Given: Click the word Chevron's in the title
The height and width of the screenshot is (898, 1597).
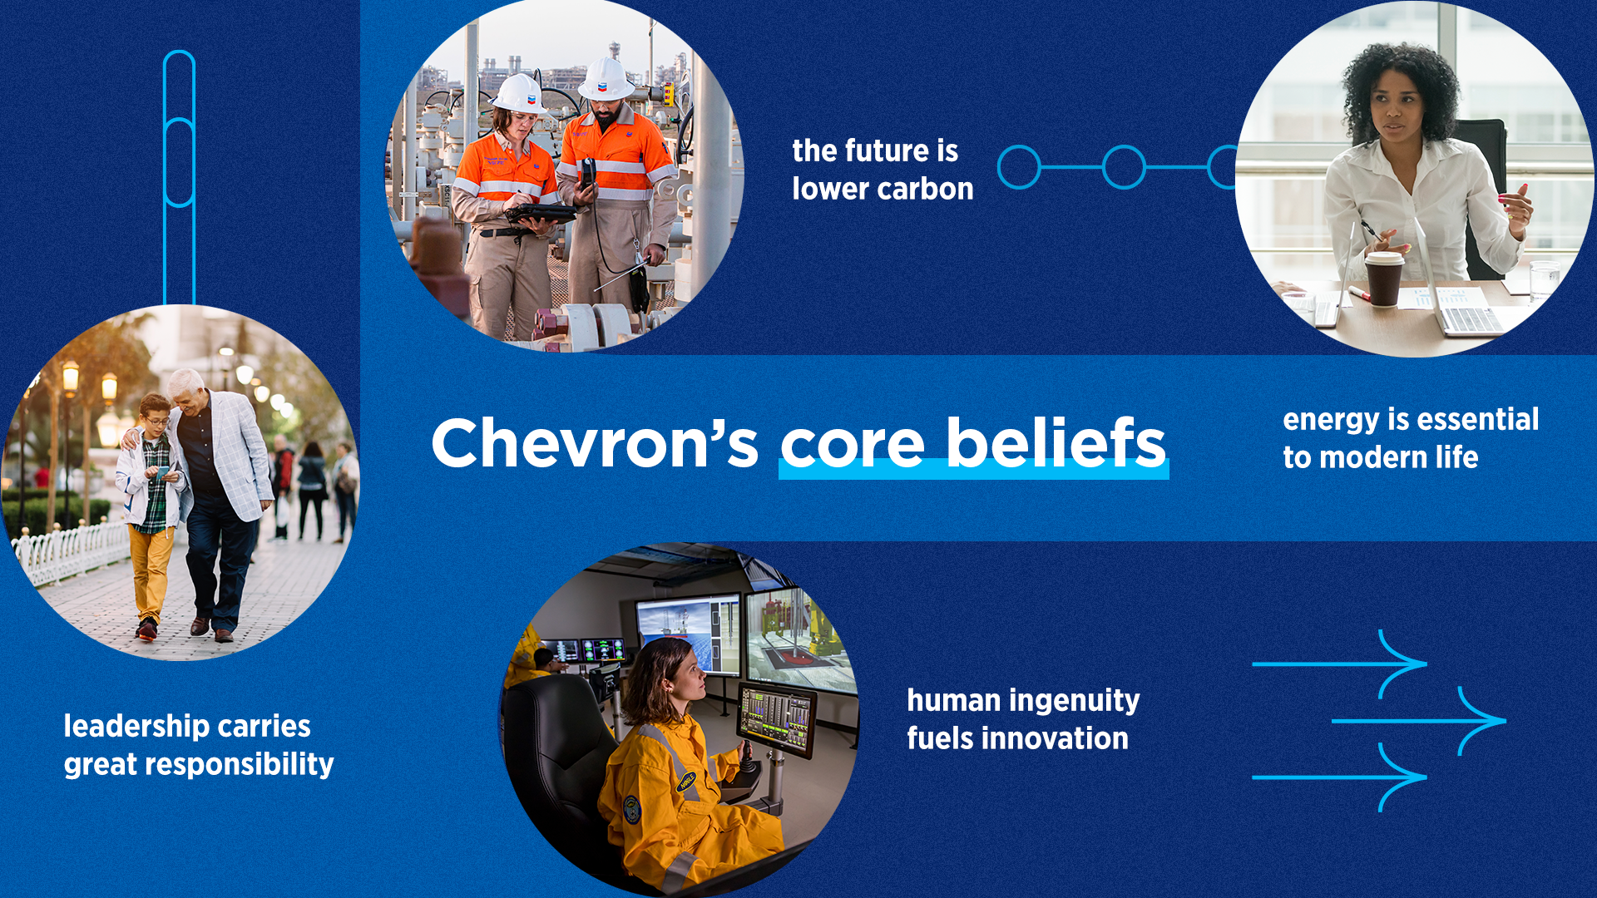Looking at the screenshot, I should point(594,443).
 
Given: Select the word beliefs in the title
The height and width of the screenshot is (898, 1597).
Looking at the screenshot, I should point(1056,443).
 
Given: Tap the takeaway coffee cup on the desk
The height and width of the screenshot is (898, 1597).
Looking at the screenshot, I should point(1384,279).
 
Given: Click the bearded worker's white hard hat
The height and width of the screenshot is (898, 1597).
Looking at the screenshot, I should point(606,80).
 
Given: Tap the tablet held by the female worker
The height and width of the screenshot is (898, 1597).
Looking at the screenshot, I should point(541,214).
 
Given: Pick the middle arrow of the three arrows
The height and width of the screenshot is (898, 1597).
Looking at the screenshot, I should point(1419,721).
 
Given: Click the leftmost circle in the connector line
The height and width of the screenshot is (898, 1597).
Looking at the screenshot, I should point(1019,167).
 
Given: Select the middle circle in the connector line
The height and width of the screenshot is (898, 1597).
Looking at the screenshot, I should point(1124,167).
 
